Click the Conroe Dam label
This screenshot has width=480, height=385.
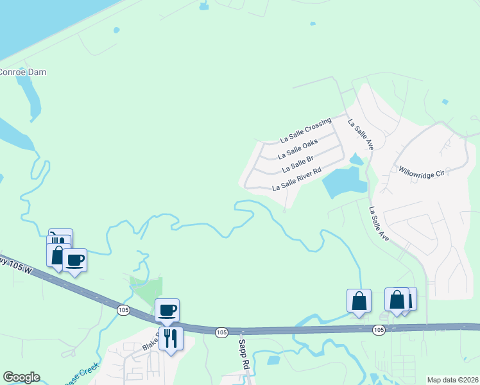[23, 72]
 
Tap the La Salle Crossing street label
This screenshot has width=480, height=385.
[306, 130]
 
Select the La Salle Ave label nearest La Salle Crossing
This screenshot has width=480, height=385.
[361, 135]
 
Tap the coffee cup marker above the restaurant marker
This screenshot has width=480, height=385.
[167, 311]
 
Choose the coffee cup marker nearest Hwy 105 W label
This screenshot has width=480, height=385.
[74, 260]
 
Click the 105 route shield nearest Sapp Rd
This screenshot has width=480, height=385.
[221, 332]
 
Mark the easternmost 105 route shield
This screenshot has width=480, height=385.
[379, 330]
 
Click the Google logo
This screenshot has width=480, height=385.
[21, 377]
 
